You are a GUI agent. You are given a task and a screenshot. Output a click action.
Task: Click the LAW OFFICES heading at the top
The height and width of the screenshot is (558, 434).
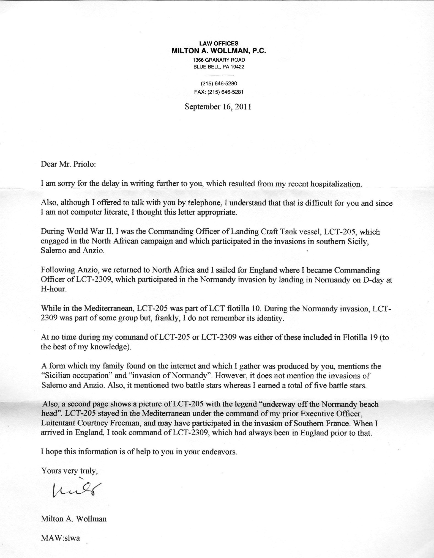coord(219,43)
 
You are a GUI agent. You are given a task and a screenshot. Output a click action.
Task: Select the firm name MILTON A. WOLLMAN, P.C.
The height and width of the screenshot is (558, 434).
coord(219,51)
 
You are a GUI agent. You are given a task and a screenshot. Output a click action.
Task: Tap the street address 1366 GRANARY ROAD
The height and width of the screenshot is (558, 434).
coord(219,60)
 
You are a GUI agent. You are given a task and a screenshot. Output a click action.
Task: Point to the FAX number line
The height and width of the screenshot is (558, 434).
coord(219,92)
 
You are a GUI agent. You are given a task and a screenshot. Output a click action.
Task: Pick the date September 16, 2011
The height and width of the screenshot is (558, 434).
coord(218,107)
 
